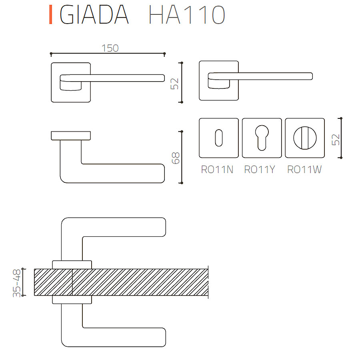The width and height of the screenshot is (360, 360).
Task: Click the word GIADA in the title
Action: pyautogui.click(x=94, y=15)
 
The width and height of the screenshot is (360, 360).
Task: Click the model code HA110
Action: pyautogui.click(x=187, y=15)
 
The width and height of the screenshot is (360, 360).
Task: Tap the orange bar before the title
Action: pyautogui.click(x=51, y=15)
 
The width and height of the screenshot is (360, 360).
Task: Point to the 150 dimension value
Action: pyautogui.click(x=110, y=48)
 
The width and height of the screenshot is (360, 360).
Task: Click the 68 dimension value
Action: pyautogui.click(x=176, y=158)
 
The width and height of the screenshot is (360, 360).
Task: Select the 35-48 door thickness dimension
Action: pyautogui.click(x=17, y=283)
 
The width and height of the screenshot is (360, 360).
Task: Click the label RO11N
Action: pyautogui.click(x=217, y=170)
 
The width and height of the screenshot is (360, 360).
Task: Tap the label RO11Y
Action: pyautogui.click(x=260, y=170)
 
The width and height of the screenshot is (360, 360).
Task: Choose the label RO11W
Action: pyautogui.click(x=304, y=170)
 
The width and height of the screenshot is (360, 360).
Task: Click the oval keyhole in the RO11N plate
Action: pyautogui.click(x=218, y=138)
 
